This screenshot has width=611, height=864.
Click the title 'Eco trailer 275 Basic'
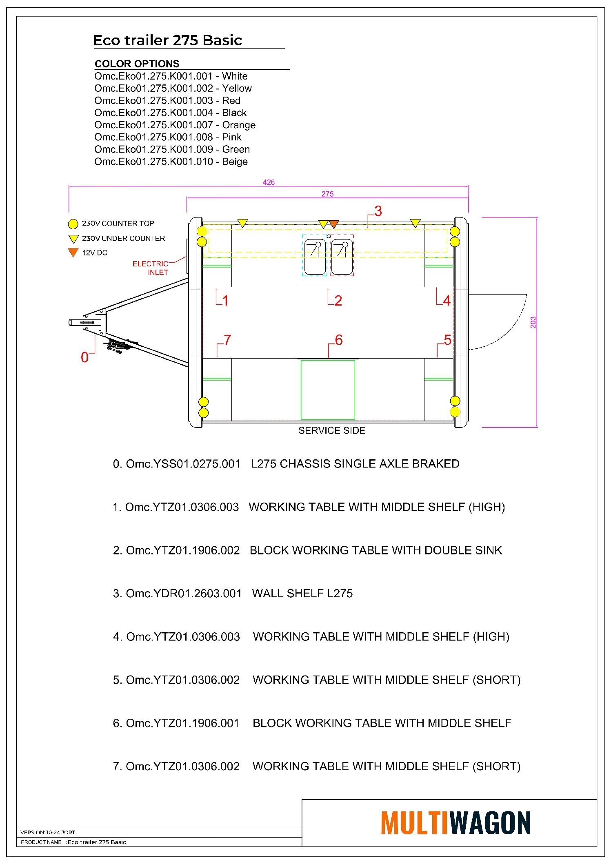(x=167, y=40)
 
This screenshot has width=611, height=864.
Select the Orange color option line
(x=175, y=125)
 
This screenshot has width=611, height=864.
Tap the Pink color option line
(x=168, y=137)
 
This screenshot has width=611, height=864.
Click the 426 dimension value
(x=269, y=182)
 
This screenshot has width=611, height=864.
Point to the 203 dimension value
(x=533, y=322)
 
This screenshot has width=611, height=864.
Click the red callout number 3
(x=378, y=211)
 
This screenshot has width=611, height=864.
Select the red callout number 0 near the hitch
(x=84, y=357)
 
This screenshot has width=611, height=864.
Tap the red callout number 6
(x=338, y=340)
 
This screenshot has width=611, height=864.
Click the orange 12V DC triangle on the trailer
(x=334, y=224)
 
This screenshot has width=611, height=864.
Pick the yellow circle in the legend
(x=73, y=224)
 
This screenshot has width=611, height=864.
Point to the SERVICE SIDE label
(x=331, y=430)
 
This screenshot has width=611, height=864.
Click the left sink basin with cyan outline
(x=315, y=257)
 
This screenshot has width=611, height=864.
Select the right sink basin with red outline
(x=342, y=257)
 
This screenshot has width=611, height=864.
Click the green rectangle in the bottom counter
(x=328, y=390)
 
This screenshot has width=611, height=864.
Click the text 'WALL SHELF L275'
(x=302, y=593)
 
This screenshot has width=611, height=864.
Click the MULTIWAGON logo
(x=455, y=823)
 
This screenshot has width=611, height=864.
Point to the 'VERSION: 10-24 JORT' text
(x=48, y=832)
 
